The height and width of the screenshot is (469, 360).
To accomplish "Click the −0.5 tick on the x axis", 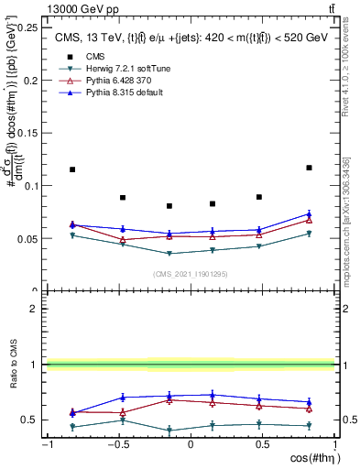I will pos(117,444).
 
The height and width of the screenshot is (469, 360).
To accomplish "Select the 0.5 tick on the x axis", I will pos(262,444).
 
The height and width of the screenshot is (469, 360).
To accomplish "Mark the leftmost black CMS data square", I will pos(72,169).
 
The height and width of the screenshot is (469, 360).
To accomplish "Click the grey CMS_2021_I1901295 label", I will pos(190,274).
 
